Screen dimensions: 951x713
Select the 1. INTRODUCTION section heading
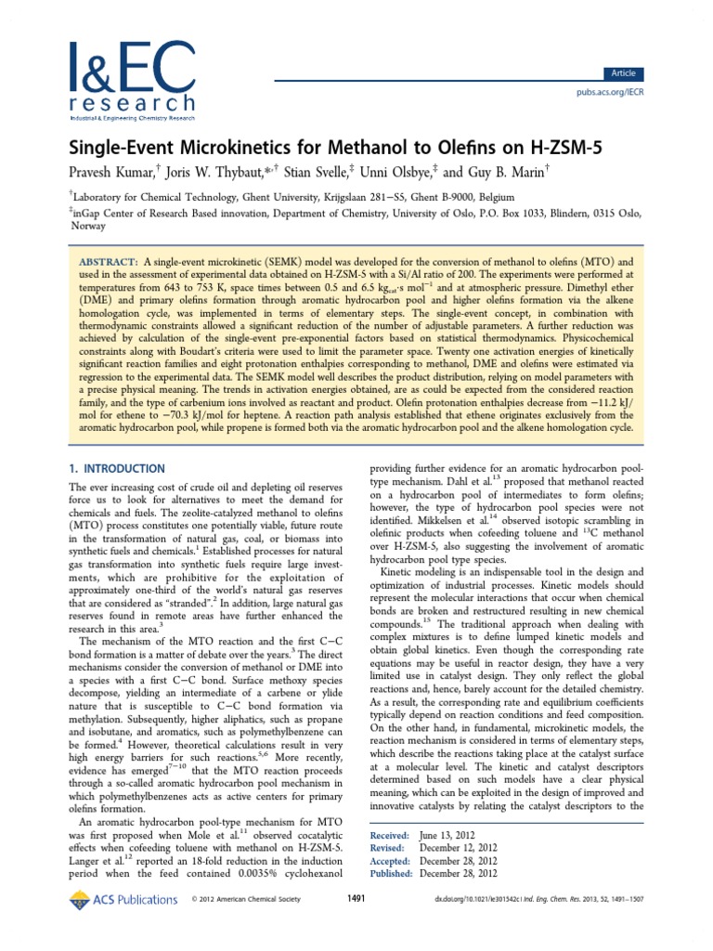[118, 468]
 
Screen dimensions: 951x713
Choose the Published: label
[391, 872]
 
